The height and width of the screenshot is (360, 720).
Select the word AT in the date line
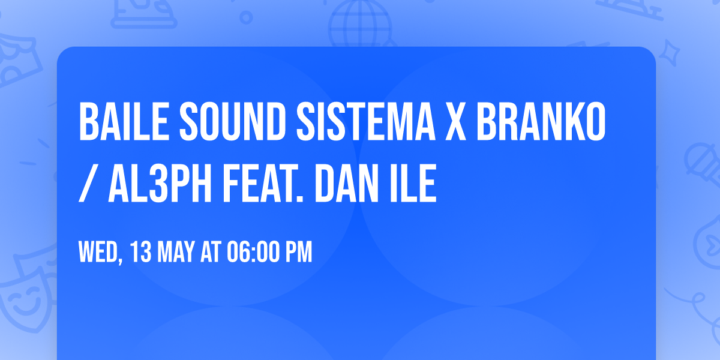pyautogui.click(x=211, y=253)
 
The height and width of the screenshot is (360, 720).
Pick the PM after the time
pyautogui.click(x=299, y=253)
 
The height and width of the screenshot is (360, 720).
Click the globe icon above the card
pyautogui.click(x=359, y=24)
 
